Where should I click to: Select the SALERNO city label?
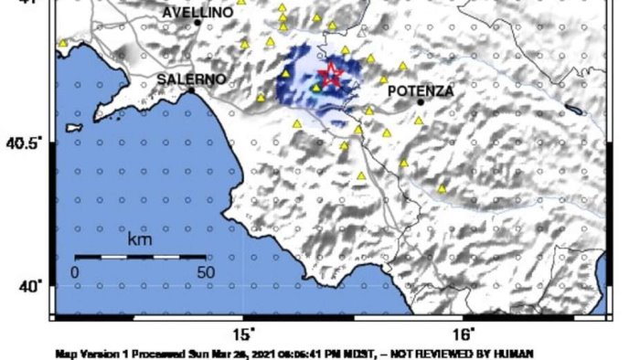pyautogui.click(x=191, y=79)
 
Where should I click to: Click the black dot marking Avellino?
pyautogui.click(x=197, y=22)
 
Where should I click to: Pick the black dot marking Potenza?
pyautogui.click(x=420, y=101)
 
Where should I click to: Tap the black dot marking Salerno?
pyautogui.click(x=191, y=90)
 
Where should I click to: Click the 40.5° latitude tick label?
pyautogui.click(x=27, y=143)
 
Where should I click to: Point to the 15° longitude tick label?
pyautogui.click(x=244, y=334)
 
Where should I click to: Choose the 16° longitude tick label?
pyautogui.click(x=464, y=334)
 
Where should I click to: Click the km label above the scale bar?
pyautogui.click(x=139, y=242)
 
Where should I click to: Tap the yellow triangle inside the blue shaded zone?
pyautogui.click(x=316, y=89)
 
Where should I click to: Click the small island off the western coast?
pyautogui.click(x=74, y=142)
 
